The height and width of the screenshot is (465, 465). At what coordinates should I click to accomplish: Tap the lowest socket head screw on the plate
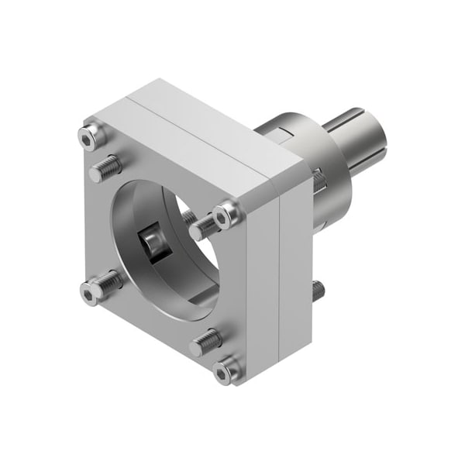(x=226, y=372)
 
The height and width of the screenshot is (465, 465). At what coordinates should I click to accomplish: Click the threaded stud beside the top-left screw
(x=106, y=168)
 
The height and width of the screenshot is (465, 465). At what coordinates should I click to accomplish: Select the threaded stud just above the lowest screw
(x=205, y=341)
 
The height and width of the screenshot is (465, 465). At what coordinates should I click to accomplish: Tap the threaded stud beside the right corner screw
(x=203, y=227)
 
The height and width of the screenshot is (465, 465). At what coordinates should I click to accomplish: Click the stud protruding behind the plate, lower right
(x=318, y=291)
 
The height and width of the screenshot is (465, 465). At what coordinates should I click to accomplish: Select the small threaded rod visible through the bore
(x=188, y=217)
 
